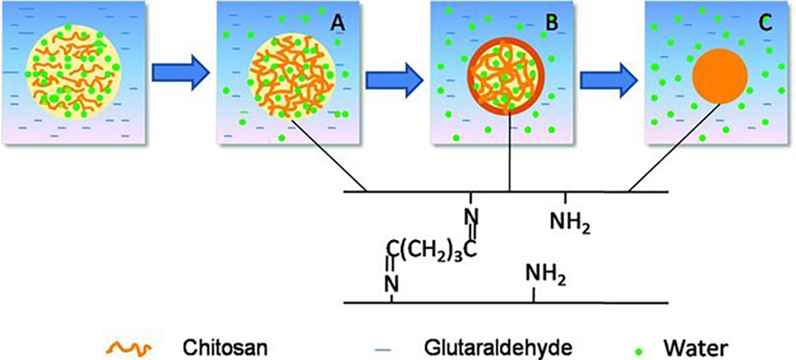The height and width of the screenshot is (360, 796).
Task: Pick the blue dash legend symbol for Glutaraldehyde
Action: [398, 343]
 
